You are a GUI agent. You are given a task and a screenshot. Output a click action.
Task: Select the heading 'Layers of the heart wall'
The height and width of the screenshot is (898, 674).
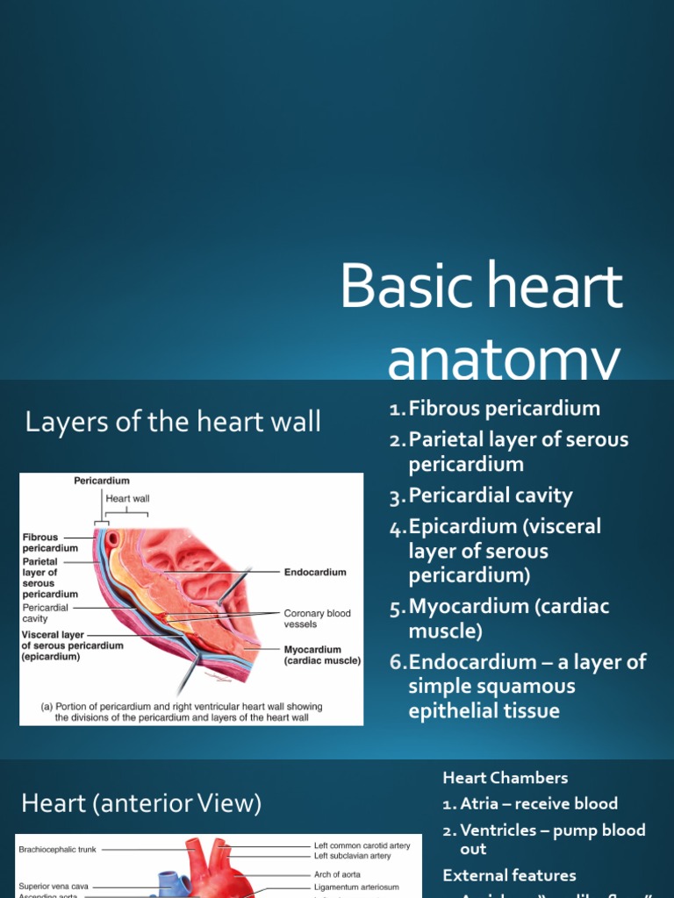pyautogui.click(x=173, y=423)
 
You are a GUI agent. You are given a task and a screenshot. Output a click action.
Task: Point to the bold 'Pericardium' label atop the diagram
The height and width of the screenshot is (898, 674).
pyautogui.click(x=102, y=481)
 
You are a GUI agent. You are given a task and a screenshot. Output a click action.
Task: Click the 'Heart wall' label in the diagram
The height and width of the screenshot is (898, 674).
pyautogui.click(x=127, y=498)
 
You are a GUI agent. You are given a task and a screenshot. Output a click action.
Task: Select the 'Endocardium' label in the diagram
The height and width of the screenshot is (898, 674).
pyautogui.click(x=315, y=572)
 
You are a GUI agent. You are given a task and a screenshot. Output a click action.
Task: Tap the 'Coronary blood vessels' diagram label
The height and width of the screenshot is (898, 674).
pyautogui.click(x=318, y=619)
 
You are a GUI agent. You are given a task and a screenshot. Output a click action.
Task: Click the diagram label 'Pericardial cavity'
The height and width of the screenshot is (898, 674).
pyautogui.click(x=49, y=612)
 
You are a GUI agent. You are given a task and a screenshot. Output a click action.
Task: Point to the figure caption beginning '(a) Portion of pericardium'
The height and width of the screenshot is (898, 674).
pyautogui.click(x=181, y=711)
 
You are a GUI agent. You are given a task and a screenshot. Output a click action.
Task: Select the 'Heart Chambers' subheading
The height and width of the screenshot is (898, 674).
pyautogui.click(x=505, y=778)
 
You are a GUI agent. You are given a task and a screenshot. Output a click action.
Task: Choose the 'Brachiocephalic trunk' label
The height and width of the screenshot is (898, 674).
pyautogui.click(x=58, y=849)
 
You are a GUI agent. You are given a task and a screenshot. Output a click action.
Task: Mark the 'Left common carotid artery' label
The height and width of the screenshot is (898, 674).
pyautogui.click(x=362, y=845)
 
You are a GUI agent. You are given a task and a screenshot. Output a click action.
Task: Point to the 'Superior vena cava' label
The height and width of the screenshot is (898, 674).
pyautogui.click(x=54, y=887)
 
